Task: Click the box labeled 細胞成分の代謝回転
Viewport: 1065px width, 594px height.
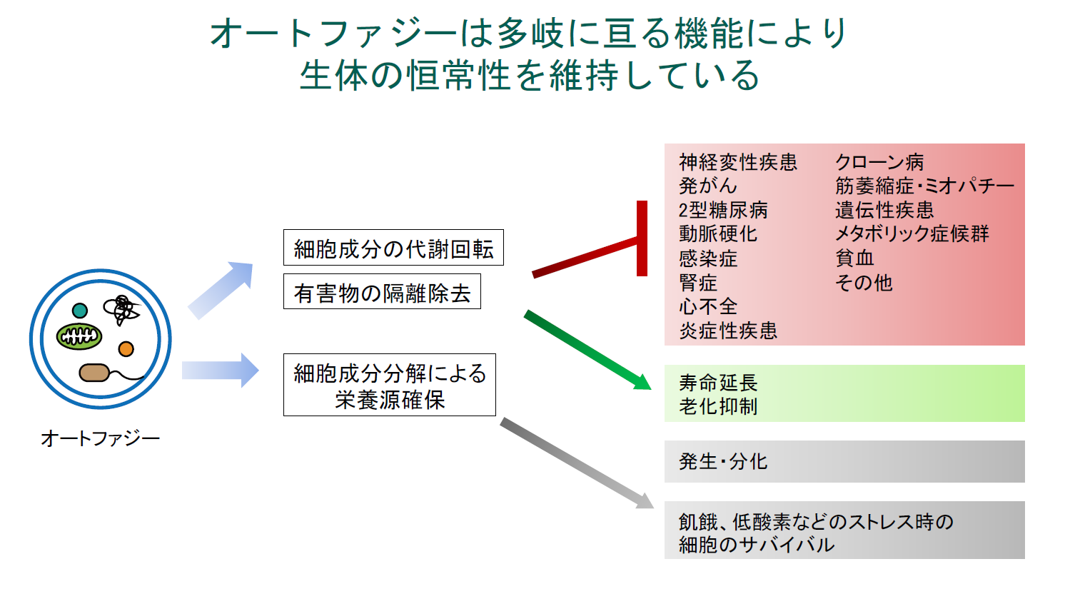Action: click(x=393, y=247)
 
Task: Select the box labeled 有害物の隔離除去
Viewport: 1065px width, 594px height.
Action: click(x=382, y=291)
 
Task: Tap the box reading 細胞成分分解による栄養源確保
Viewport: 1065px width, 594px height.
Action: click(x=390, y=385)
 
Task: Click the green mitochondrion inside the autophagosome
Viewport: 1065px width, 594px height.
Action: click(x=79, y=336)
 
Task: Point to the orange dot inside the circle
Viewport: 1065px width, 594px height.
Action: click(x=126, y=349)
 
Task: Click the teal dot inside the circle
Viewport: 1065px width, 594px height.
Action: click(x=80, y=311)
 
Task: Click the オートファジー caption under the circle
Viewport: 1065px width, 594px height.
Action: click(x=101, y=438)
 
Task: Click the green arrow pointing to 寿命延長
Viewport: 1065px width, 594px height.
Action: click(x=587, y=350)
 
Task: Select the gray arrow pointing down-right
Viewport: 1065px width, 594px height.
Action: click(x=577, y=463)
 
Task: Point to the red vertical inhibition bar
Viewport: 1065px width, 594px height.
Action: click(x=642, y=238)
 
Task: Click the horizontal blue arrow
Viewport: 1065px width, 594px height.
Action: click(x=220, y=370)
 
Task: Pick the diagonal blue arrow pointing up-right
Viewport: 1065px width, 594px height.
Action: click(x=220, y=289)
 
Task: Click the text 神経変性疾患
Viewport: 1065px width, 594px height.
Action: click(x=738, y=162)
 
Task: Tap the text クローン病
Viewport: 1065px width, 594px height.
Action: click(x=879, y=162)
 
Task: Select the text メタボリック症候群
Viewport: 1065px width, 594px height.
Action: click(x=912, y=233)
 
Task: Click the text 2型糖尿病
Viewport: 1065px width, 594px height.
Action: click(x=723, y=210)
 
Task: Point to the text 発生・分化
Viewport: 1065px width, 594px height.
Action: click(x=723, y=461)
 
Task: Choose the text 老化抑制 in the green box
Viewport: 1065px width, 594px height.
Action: click(x=718, y=407)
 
